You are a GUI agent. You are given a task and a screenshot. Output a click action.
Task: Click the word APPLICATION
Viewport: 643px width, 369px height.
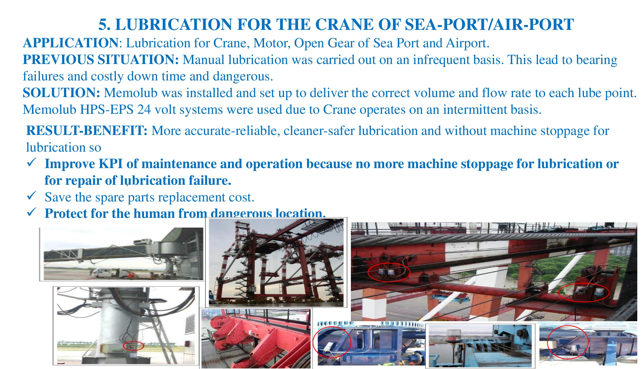[x=71, y=43]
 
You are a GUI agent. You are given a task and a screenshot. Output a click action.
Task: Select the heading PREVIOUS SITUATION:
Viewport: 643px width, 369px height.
[x=101, y=60]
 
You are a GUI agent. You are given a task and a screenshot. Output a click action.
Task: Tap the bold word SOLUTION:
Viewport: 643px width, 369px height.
[x=62, y=93]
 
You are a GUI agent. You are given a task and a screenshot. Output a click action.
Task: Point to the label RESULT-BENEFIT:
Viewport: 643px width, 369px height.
[x=87, y=131]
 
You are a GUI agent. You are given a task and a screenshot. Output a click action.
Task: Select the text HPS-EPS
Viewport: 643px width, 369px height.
[x=107, y=110]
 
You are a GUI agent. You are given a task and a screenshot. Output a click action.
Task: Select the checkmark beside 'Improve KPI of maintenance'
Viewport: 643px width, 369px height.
[x=32, y=162]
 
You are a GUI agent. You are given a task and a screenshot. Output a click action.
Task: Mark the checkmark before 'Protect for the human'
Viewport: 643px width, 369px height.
[x=32, y=212]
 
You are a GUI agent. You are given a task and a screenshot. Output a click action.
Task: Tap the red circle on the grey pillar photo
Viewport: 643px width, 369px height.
[x=133, y=345]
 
